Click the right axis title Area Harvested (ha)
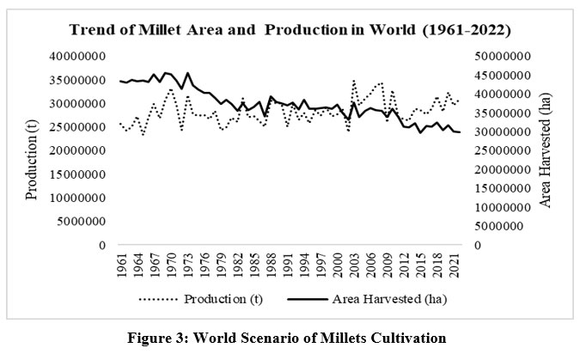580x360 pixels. [x=545, y=150]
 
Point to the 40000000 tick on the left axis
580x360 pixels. [x=76, y=57]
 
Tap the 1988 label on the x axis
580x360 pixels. [x=271, y=262]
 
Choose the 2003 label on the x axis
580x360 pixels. [x=354, y=262]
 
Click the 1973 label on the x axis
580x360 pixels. [x=187, y=262]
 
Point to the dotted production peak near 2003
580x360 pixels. [x=353, y=82]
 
